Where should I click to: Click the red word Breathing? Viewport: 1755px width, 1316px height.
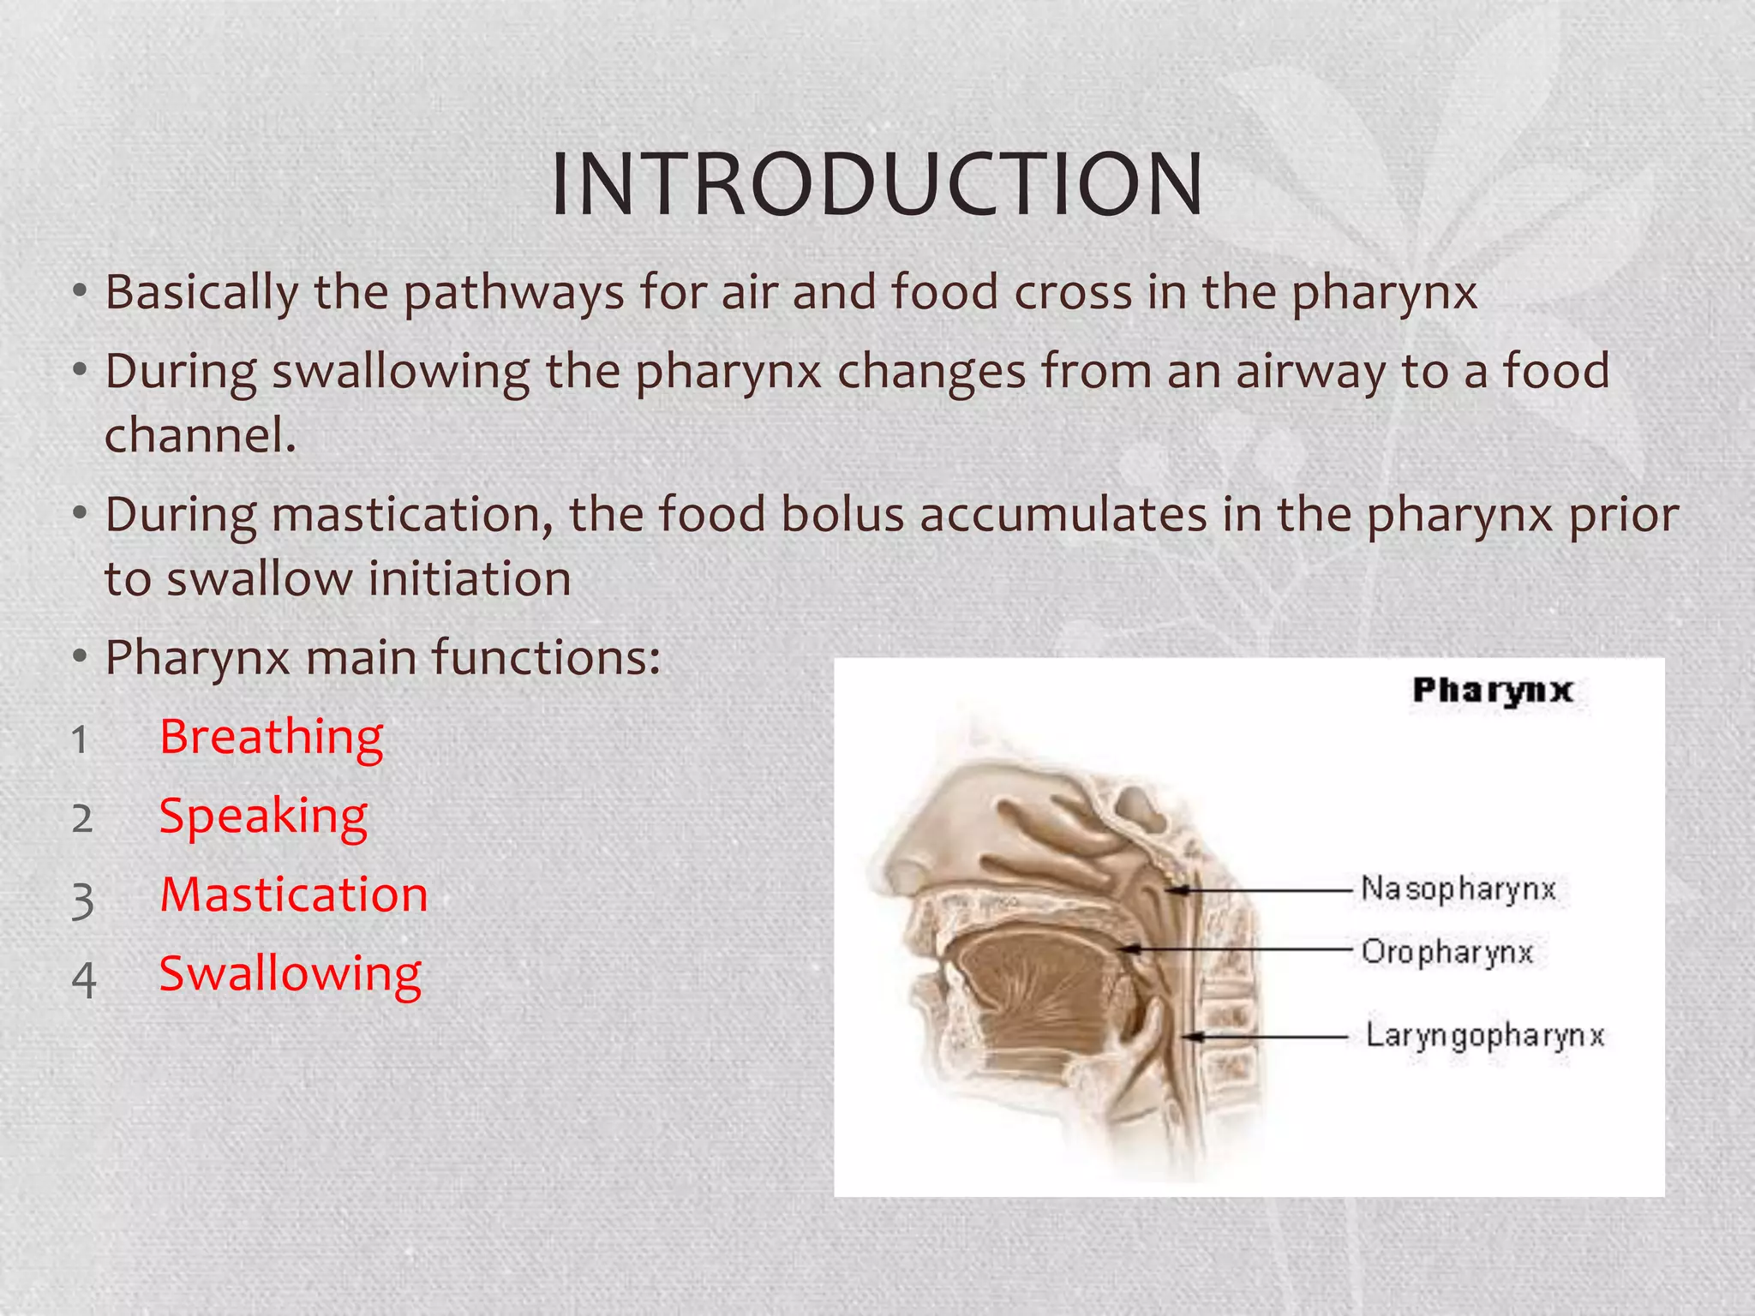[x=271, y=738]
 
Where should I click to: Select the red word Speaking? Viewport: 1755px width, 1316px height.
[x=263, y=817]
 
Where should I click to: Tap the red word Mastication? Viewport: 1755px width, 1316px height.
[x=294, y=895]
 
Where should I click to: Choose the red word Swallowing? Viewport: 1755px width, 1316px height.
[x=291, y=975]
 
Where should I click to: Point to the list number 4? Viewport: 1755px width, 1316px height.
[x=83, y=980]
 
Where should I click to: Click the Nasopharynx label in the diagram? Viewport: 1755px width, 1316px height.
[x=1458, y=889]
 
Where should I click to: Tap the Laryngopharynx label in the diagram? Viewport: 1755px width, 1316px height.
[x=1484, y=1036]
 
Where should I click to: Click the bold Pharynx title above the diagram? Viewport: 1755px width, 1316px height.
[x=1492, y=691]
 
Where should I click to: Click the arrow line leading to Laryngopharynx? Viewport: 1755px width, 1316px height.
[x=1277, y=1037]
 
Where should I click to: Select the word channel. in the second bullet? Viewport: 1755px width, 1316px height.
[x=200, y=435]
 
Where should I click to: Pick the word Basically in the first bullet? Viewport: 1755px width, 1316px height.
[x=201, y=293]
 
